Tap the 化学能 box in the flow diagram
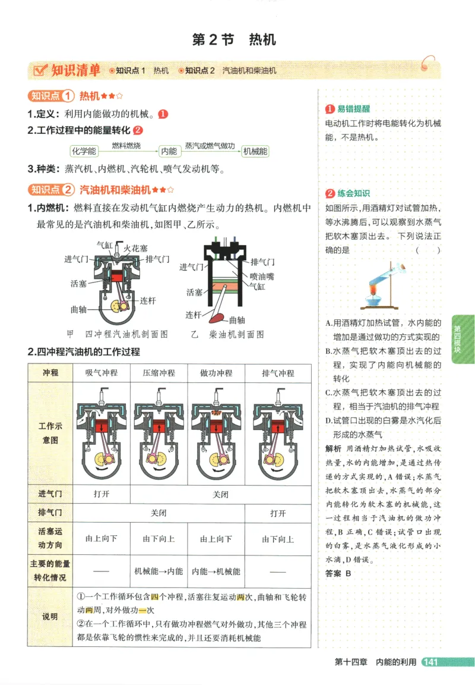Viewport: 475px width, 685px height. click(x=83, y=151)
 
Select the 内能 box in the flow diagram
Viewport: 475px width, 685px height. click(x=169, y=151)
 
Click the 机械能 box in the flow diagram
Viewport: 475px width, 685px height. click(x=255, y=151)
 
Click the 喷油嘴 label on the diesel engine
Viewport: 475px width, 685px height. click(x=262, y=276)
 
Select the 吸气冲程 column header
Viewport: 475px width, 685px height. click(x=102, y=373)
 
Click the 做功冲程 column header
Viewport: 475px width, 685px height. click(x=216, y=373)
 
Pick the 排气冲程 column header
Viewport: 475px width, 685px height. click(x=278, y=373)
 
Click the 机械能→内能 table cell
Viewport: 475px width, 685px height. click(x=159, y=571)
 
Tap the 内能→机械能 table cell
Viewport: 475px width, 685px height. click(x=216, y=571)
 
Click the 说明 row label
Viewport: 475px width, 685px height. click(x=50, y=617)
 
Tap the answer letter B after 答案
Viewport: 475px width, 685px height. click(x=349, y=574)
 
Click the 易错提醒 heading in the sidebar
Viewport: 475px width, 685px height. click(x=353, y=109)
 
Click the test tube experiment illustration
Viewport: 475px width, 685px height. click(x=383, y=285)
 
